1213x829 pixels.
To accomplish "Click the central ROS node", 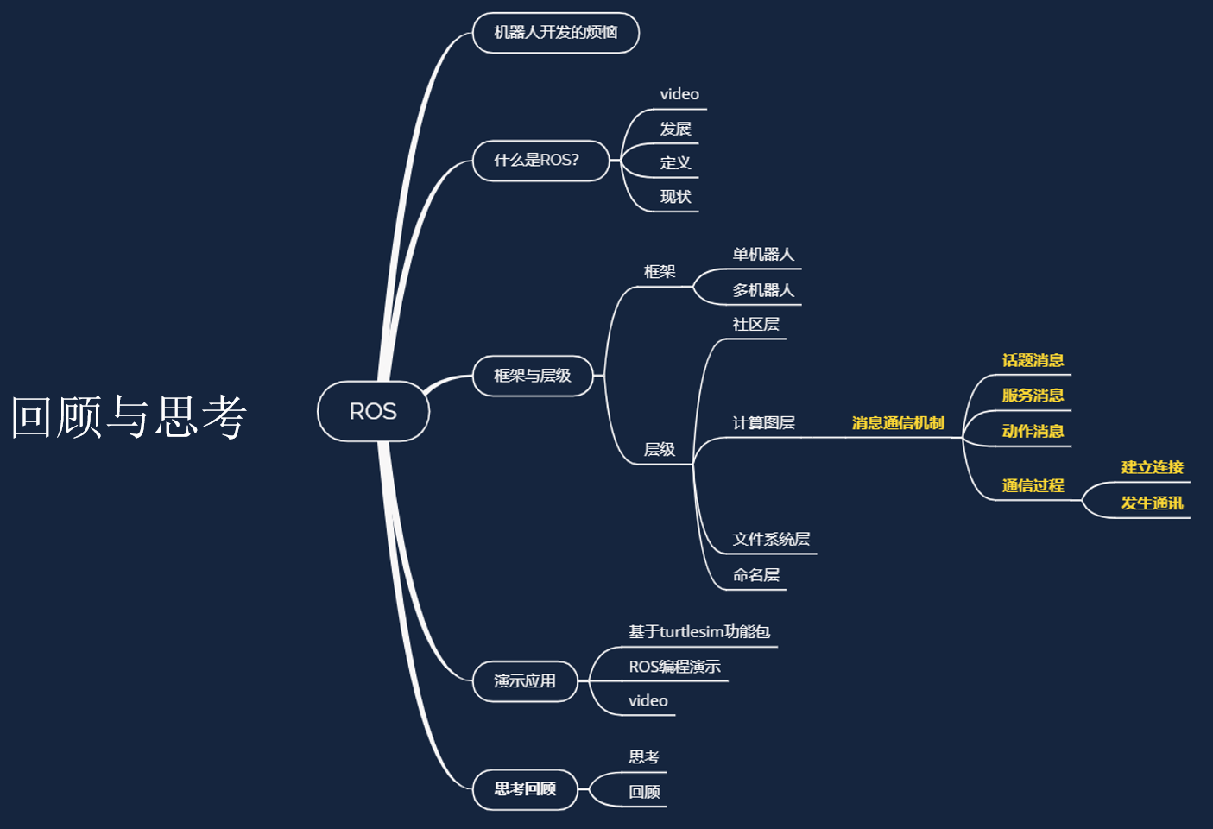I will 373,411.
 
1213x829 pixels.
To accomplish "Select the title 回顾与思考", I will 129,416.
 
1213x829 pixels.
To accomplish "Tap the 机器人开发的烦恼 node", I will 555,33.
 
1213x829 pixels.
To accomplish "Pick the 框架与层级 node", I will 533,376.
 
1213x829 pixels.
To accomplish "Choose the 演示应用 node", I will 525,681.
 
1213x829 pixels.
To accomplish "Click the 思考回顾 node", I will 525,789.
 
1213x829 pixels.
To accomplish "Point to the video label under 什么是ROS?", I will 679,94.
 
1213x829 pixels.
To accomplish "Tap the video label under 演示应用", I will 648,700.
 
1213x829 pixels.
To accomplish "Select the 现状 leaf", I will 675,197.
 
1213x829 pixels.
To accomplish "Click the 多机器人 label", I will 763,290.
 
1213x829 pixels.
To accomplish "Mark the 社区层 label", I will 756,325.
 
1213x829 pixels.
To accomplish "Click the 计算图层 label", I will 763,423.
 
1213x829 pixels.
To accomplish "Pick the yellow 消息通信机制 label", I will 898,423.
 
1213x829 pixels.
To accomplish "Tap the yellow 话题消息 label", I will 1033,360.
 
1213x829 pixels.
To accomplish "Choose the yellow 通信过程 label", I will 1033,485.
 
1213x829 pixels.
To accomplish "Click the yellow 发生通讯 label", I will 1152,503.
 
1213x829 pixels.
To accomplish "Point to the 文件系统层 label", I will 771,540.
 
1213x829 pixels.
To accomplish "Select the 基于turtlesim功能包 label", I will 699,632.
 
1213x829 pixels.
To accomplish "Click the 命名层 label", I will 756,575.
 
